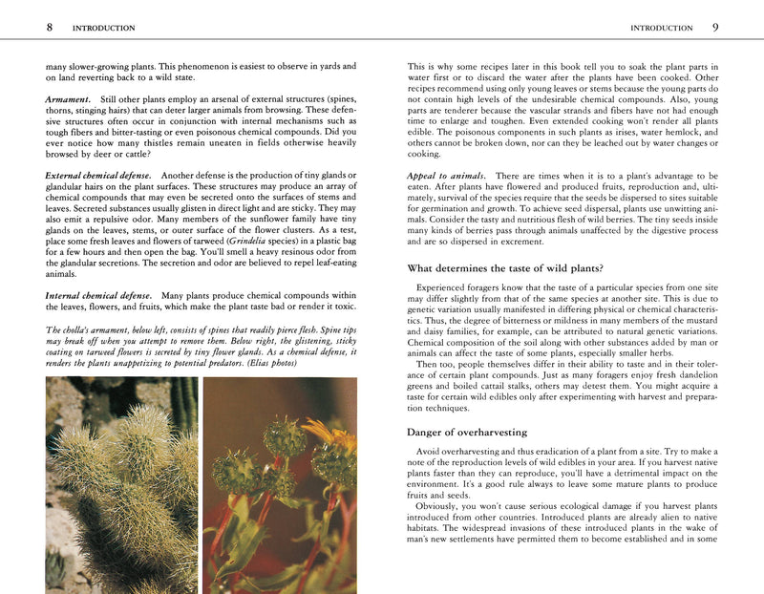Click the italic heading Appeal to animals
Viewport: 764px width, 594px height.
(x=446, y=177)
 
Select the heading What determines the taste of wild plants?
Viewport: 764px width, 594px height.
(x=513, y=267)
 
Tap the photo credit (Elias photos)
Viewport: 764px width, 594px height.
(x=302, y=364)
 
